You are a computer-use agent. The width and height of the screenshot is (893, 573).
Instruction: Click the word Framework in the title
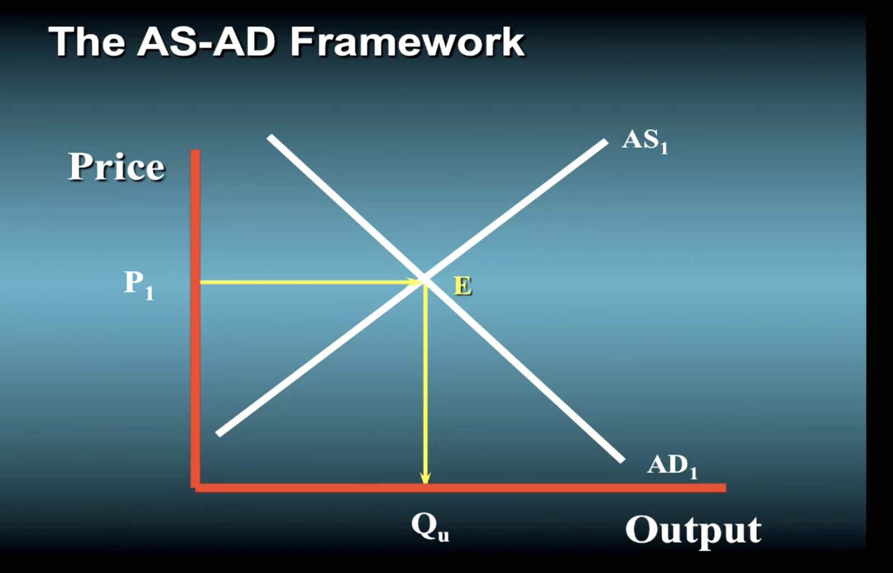coord(407,42)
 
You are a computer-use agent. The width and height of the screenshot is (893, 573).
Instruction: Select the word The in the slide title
coord(86,42)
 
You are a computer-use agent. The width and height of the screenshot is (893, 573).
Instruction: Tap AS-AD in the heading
coord(206,42)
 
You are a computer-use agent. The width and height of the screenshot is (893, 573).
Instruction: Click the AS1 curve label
coord(645,142)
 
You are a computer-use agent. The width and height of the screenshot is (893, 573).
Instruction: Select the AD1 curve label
coord(672,466)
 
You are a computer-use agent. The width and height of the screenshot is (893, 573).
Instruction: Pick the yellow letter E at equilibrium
coord(463,286)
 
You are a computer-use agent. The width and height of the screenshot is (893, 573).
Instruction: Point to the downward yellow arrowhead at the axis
coord(426,477)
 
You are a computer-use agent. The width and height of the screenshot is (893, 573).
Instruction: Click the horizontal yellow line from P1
coord(310,282)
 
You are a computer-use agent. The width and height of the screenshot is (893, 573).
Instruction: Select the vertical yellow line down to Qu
coord(426,383)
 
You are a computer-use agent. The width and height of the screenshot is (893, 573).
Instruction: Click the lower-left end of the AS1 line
coord(218,434)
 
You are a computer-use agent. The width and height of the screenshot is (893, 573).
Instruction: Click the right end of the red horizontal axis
coord(725,488)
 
